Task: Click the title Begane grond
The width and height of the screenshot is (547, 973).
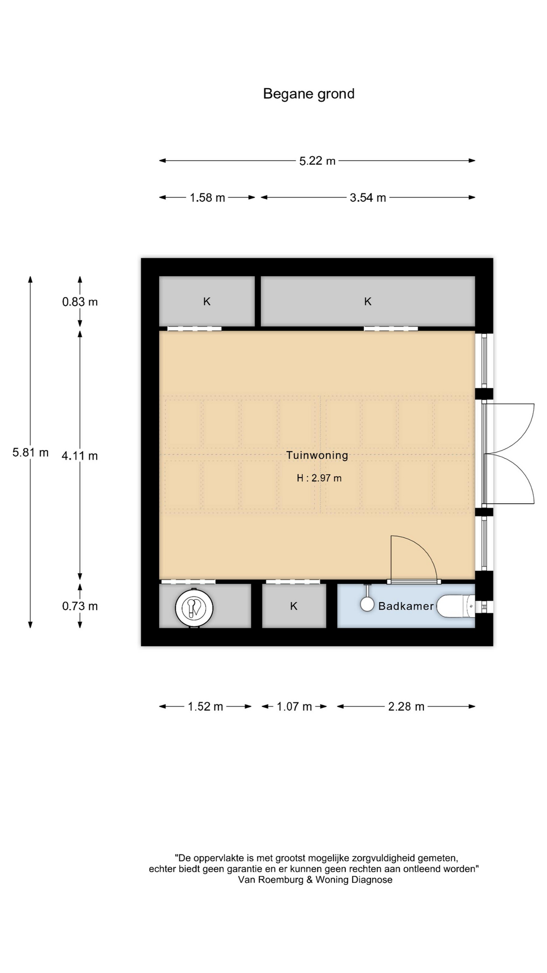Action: (x=308, y=94)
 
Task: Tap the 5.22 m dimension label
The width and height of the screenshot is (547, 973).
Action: (x=318, y=161)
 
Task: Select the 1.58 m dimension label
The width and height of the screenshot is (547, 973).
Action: (x=207, y=198)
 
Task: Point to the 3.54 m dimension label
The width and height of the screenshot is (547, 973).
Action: (x=368, y=198)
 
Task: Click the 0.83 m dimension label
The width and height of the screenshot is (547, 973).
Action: (x=80, y=302)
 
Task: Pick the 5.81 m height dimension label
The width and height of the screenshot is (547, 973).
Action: (x=30, y=453)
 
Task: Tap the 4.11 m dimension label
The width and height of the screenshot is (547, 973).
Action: (x=80, y=456)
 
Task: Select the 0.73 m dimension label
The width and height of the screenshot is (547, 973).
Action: (x=80, y=606)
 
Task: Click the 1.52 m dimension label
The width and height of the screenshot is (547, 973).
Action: (x=206, y=706)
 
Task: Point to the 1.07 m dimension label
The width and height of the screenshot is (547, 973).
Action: (x=294, y=706)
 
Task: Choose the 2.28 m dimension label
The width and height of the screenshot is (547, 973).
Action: (x=406, y=706)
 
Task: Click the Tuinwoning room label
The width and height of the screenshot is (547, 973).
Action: (x=317, y=455)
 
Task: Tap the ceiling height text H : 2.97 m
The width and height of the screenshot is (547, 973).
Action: (x=319, y=478)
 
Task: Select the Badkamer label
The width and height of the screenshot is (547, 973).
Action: (x=406, y=606)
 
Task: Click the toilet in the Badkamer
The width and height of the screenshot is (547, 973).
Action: (x=456, y=606)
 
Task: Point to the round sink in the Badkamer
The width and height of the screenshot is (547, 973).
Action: (x=367, y=604)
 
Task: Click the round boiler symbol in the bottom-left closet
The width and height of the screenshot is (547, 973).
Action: (x=194, y=608)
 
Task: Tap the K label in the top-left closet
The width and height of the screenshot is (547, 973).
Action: (x=207, y=302)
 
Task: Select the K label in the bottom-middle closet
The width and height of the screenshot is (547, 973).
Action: (x=294, y=606)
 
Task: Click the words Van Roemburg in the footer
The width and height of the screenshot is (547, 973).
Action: (x=271, y=880)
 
